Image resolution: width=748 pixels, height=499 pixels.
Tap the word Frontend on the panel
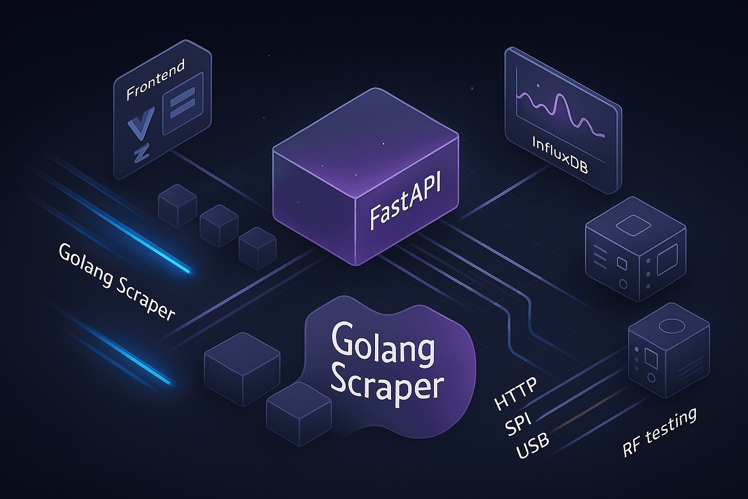click(155, 80)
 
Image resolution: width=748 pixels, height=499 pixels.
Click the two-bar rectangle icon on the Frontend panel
click(183, 103)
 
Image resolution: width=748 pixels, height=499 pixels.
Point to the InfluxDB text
click(560, 155)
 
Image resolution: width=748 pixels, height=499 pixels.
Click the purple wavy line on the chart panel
click(560, 110)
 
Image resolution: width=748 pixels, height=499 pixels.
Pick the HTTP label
click(515, 394)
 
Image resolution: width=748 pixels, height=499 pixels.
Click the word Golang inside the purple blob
click(383, 345)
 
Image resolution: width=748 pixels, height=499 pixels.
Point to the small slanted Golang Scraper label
click(116, 281)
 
